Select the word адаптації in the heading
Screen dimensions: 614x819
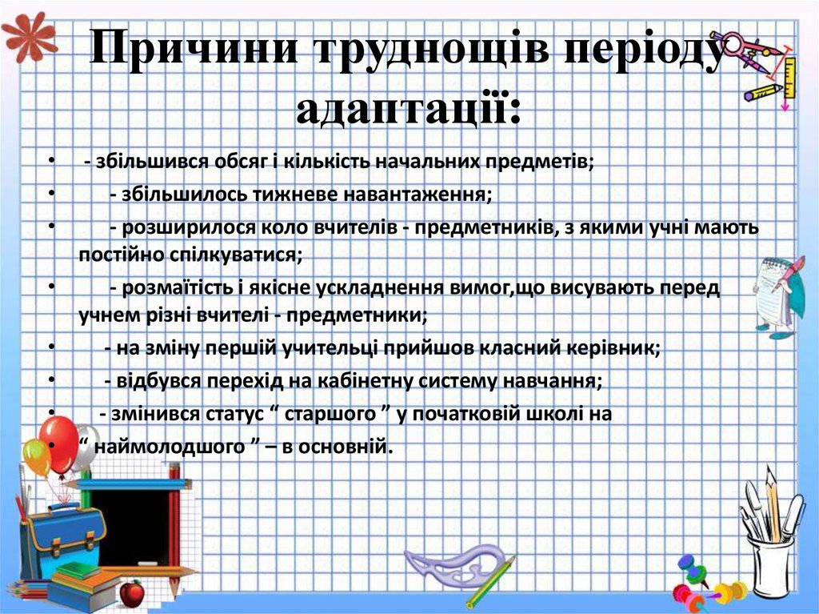click(408, 108)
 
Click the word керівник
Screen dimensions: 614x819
click(613, 349)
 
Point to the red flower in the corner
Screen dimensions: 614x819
click(27, 33)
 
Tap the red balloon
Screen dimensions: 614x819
click(59, 443)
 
